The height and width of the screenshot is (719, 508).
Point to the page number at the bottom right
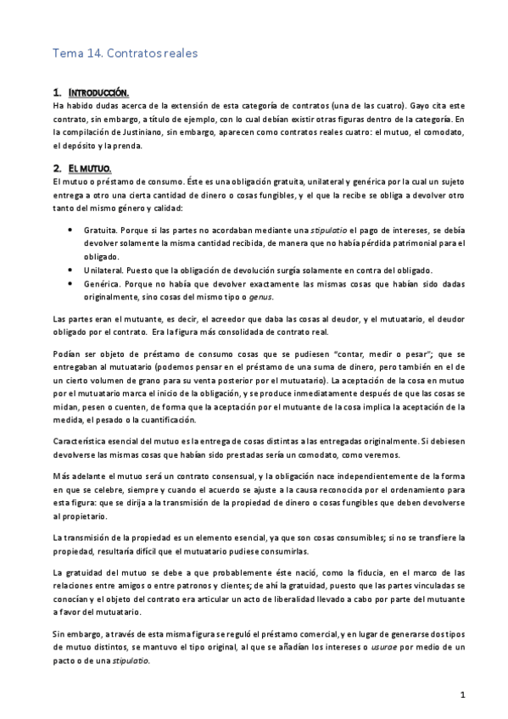(463, 695)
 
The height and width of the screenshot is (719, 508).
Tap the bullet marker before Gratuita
(68, 230)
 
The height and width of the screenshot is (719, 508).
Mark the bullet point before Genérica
(68, 284)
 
